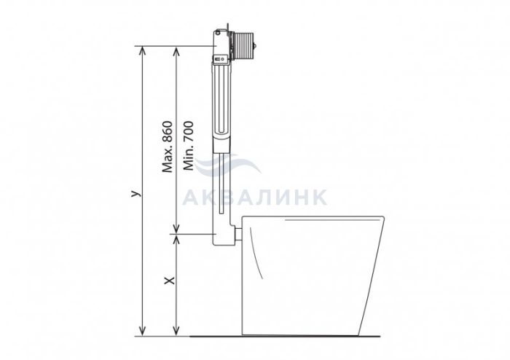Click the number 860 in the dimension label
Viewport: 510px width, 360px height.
[x=167, y=132]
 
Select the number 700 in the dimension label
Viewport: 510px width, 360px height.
[x=189, y=132]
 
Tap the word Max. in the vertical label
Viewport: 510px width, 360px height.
[x=167, y=160]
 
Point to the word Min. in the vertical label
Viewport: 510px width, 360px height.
[x=189, y=159]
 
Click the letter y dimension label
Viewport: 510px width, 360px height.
[x=136, y=193]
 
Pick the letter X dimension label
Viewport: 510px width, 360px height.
[x=169, y=281]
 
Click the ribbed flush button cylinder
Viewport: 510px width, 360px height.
[x=243, y=46]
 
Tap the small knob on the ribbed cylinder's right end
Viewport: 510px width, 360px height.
[x=256, y=46]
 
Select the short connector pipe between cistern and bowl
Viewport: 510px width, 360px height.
[x=238, y=234]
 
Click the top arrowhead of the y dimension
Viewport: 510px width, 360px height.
[x=142, y=50]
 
